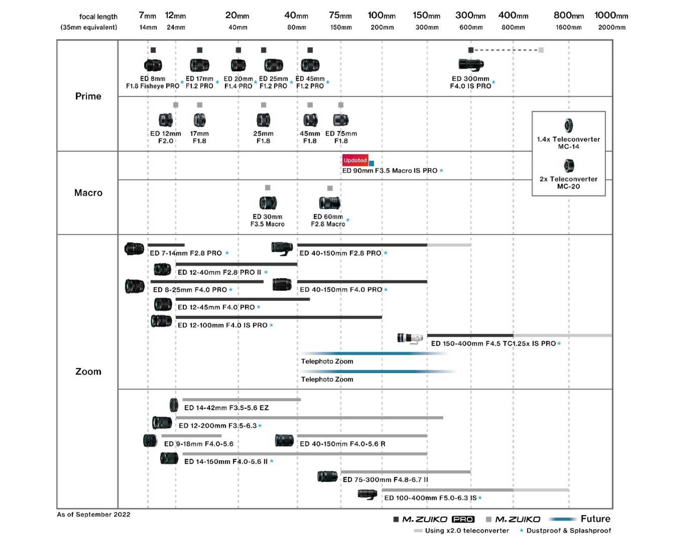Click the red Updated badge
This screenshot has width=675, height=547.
pos(355,160)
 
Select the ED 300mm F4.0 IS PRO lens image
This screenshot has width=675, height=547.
pos(471,64)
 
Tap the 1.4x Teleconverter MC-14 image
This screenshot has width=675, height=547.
pos(568,126)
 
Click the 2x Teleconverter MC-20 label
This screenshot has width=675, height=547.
pos(568,183)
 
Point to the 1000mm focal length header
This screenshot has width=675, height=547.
pos(611,16)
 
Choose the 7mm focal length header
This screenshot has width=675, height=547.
pos(147,16)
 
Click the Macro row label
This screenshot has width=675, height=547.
pos(88,193)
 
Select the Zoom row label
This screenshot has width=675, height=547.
pos(88,371)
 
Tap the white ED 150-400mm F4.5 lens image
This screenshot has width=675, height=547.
pos(410,339)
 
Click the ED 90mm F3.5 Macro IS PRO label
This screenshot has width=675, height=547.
pos(390,170)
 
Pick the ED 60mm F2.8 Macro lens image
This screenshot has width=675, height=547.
pos(330,203)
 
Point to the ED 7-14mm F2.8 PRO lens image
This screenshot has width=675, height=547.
pos(134,249)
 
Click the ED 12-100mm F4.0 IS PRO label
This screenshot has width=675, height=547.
pos(223,325)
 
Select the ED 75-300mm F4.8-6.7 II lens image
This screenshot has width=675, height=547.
pos(328,476)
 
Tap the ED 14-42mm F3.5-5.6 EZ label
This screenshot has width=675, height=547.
pos(226,407)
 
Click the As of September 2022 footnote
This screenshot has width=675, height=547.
pos(93,514)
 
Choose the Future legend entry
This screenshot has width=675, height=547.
pos(595,519)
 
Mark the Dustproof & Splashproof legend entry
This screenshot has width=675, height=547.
pos(568,531)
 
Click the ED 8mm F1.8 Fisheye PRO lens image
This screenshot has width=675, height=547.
pos(153,65)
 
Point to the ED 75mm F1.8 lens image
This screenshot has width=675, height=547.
pos(341,120)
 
